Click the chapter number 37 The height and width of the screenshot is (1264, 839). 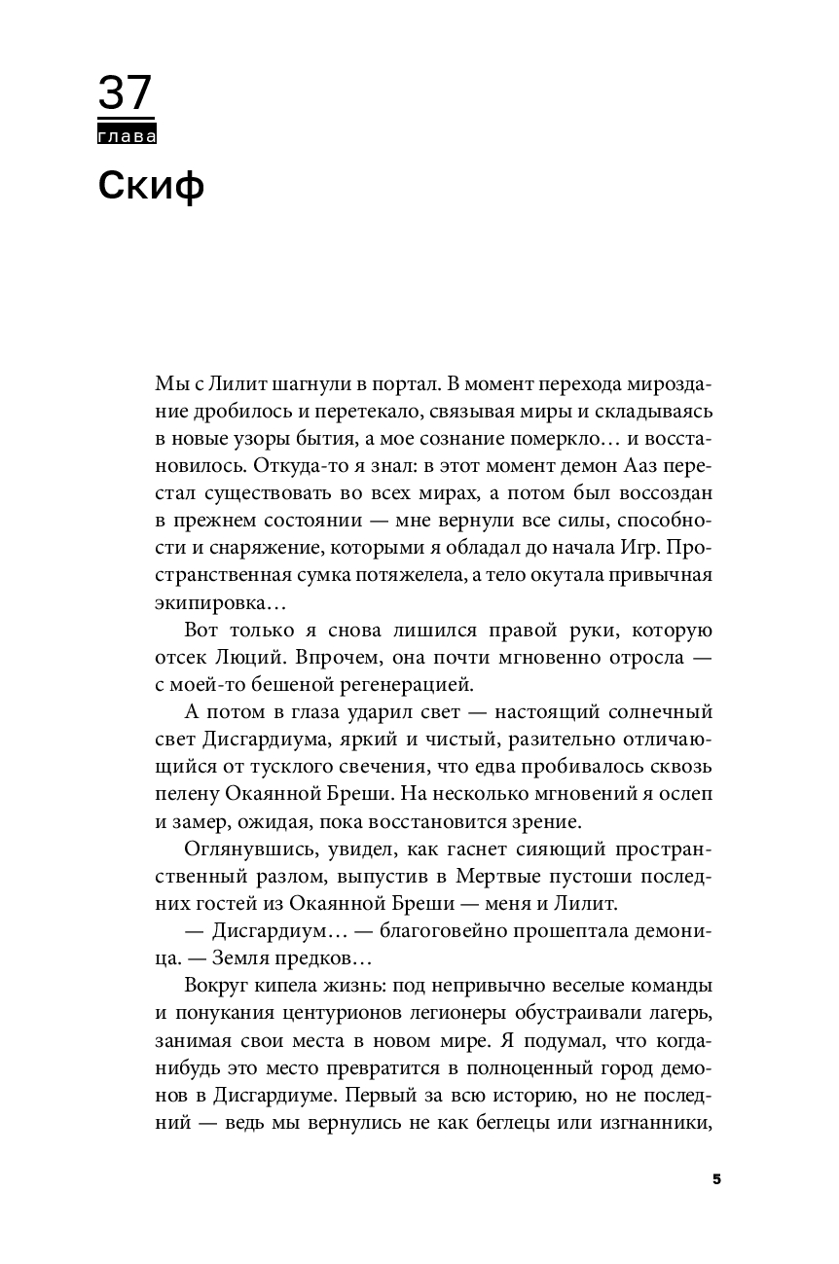(x=126, y=94)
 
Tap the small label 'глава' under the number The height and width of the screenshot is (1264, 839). (x=128, y=137)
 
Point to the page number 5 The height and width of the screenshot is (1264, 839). (x=716, y=1179)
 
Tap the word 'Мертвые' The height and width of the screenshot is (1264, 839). (x=457, y=879)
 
